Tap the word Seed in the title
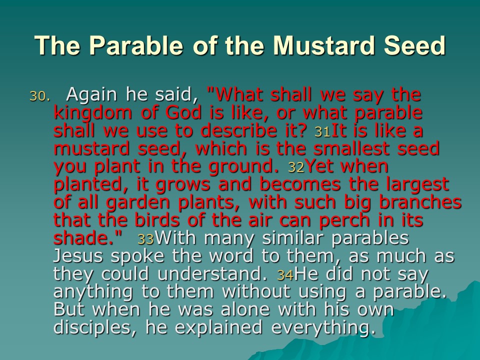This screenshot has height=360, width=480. click(414, 45)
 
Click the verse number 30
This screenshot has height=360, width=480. click(39, 96)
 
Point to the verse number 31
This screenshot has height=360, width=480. click(322, 132)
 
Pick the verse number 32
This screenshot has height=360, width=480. click(296, 167)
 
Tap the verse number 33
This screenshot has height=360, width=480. click(145, 239)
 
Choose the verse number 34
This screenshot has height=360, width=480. click(285, 275)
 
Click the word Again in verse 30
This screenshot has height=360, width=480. click(91, 95)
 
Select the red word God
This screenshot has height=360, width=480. click(183, 112)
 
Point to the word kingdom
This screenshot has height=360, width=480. click(93, 114)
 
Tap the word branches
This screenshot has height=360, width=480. click(420, 202)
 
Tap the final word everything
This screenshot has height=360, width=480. click(323, 328)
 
